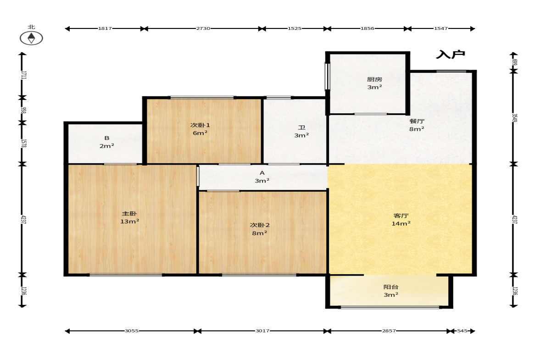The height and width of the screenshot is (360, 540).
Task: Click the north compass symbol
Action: [x=31, y=38]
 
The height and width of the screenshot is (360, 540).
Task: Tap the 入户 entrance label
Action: [x=451, y=55]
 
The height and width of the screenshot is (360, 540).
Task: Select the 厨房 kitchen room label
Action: [x=374, y=79]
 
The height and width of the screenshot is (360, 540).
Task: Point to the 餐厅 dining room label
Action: [x=417, y=121]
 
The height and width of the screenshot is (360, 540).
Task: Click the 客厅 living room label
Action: [x=401, y=216]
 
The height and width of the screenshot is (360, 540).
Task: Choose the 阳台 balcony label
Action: [x=391, y=287]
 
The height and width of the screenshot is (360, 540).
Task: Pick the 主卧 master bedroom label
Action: [x=129, y=214]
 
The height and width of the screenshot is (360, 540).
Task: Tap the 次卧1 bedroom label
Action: [x=200, y=125]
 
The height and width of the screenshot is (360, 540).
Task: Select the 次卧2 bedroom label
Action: [x=260, y=225]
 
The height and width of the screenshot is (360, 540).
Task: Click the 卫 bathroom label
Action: [x=302, y=127]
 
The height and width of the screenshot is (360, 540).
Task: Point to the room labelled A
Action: [x=262, y=173]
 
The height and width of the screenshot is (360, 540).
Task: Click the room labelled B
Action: [x=107, y=138]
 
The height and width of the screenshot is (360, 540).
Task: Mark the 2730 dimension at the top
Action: [x=203, y=28]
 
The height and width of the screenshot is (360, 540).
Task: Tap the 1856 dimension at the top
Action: [x=367, y=28]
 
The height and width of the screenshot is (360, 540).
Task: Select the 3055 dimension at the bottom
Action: [x=132, y=331]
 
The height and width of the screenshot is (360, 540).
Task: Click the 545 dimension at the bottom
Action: [x=462, y=331]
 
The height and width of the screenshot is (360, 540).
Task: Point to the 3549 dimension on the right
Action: [x=514, y=118]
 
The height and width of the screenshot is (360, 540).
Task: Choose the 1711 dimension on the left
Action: [x=23, y=75]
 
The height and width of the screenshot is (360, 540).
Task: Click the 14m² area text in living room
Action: [x=401, y=224]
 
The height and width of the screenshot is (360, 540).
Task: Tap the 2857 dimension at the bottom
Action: [x=389, y=331]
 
